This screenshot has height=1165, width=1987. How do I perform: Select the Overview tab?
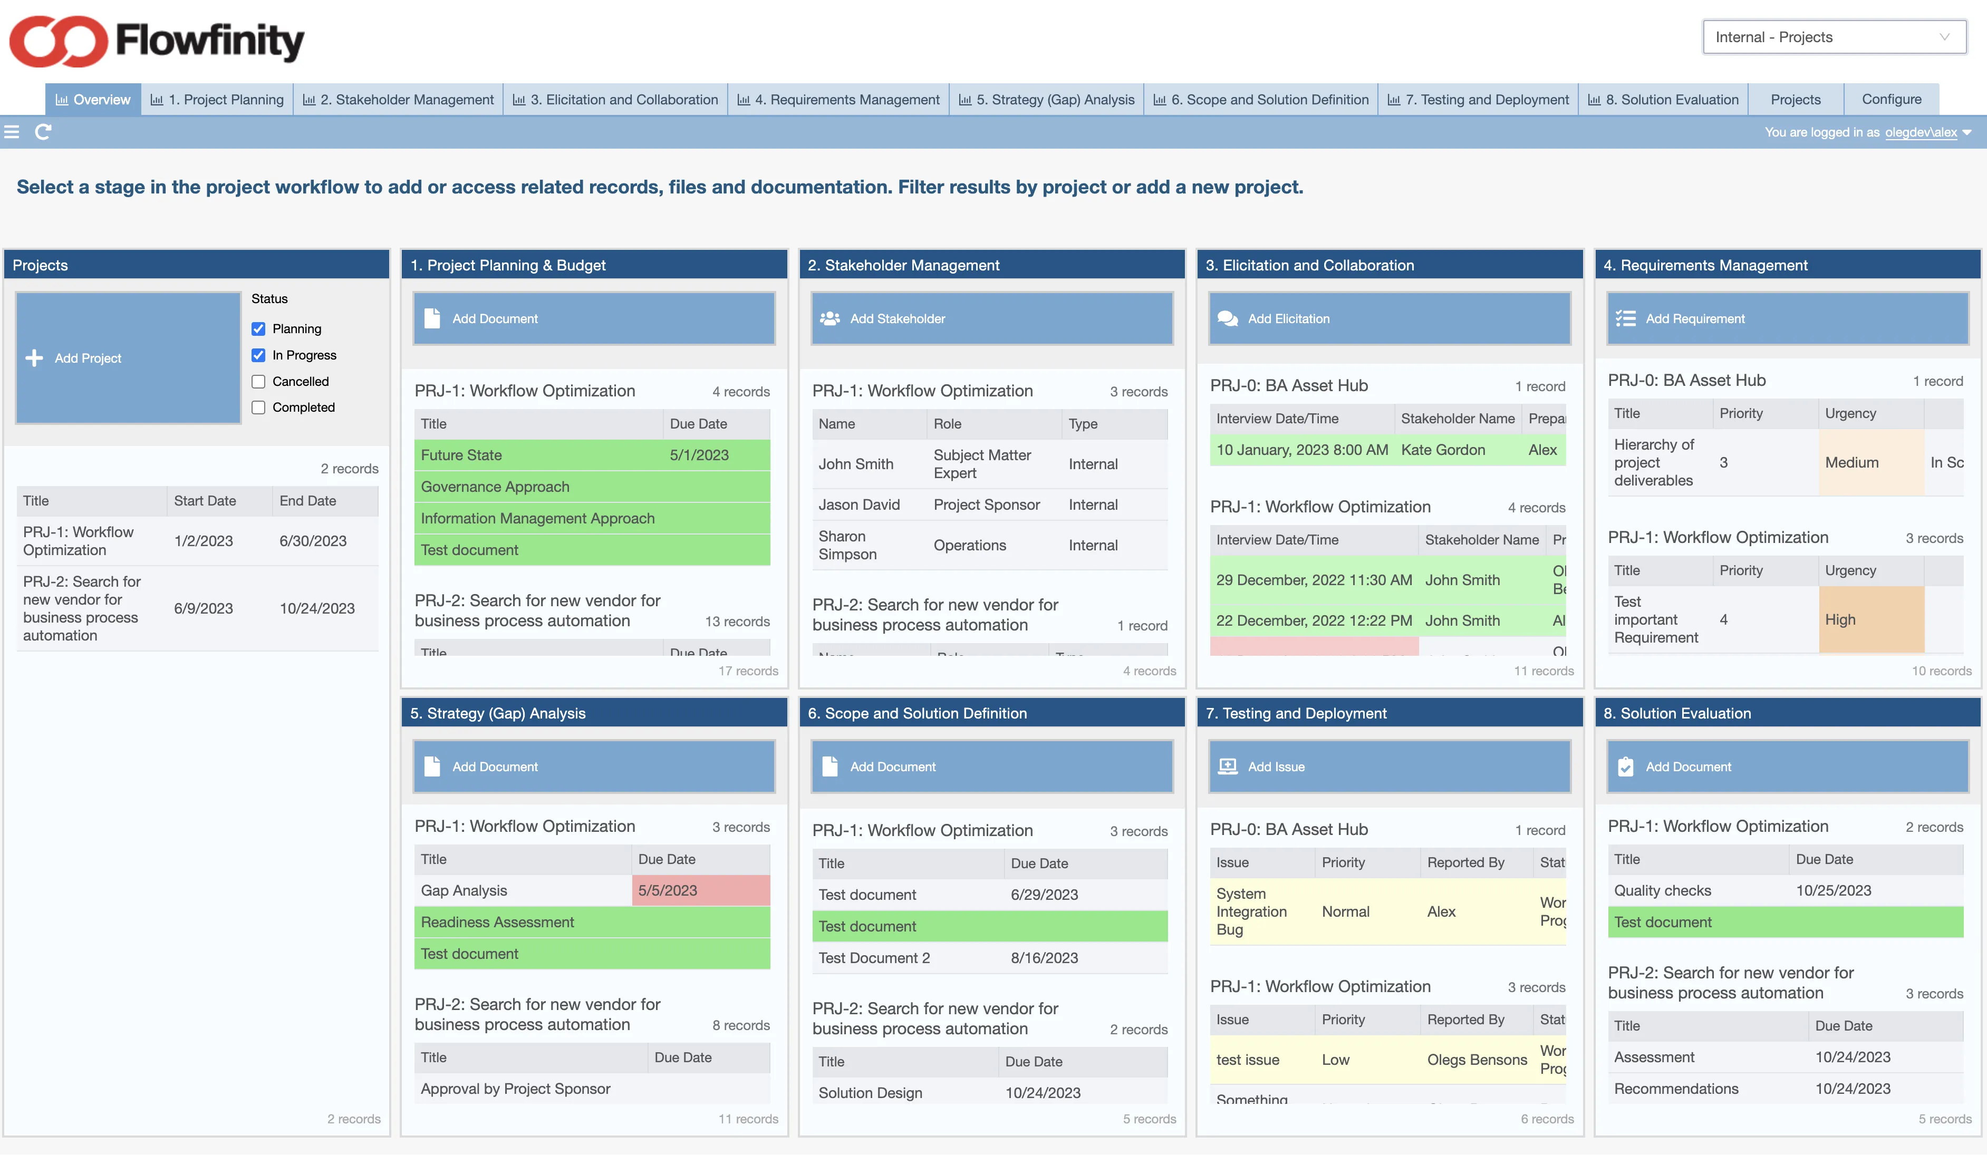pyautogui.click(x=93, y=99)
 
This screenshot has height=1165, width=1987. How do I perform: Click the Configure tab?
pyautogui.click(x=1891, y=99)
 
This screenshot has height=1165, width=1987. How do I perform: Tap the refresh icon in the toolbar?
pyautogui.click(x=43, y=132)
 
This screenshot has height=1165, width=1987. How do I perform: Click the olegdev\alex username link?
pyautogui.click(x=1920, y=132)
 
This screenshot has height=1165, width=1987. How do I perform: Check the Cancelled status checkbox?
pyautogui.click(x=258, y=382)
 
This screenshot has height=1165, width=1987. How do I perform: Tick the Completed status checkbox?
pyautogui.click(x=258, y=407)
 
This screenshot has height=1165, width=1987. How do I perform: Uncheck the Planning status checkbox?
pyautogui.click(x=258, y=329)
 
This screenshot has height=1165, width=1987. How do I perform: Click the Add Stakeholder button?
pyautogui.click(x=991, y=318)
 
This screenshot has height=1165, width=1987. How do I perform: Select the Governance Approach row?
pyautogui.click(x=591, y=487)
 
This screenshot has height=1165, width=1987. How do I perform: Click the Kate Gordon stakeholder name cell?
pyautogui.click(x=1443, y=450)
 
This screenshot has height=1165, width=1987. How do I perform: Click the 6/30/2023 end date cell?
pyautogui.click(x=313, y=541)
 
